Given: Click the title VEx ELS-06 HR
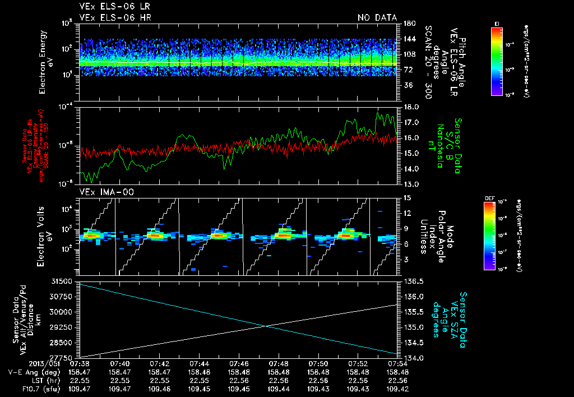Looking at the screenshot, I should click(x=115, y=18).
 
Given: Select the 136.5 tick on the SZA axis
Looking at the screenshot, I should click(x=413, y=281).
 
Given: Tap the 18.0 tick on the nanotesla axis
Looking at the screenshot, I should click(x=411, y=107).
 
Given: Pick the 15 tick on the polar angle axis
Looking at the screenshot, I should click(x=407, y=197).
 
